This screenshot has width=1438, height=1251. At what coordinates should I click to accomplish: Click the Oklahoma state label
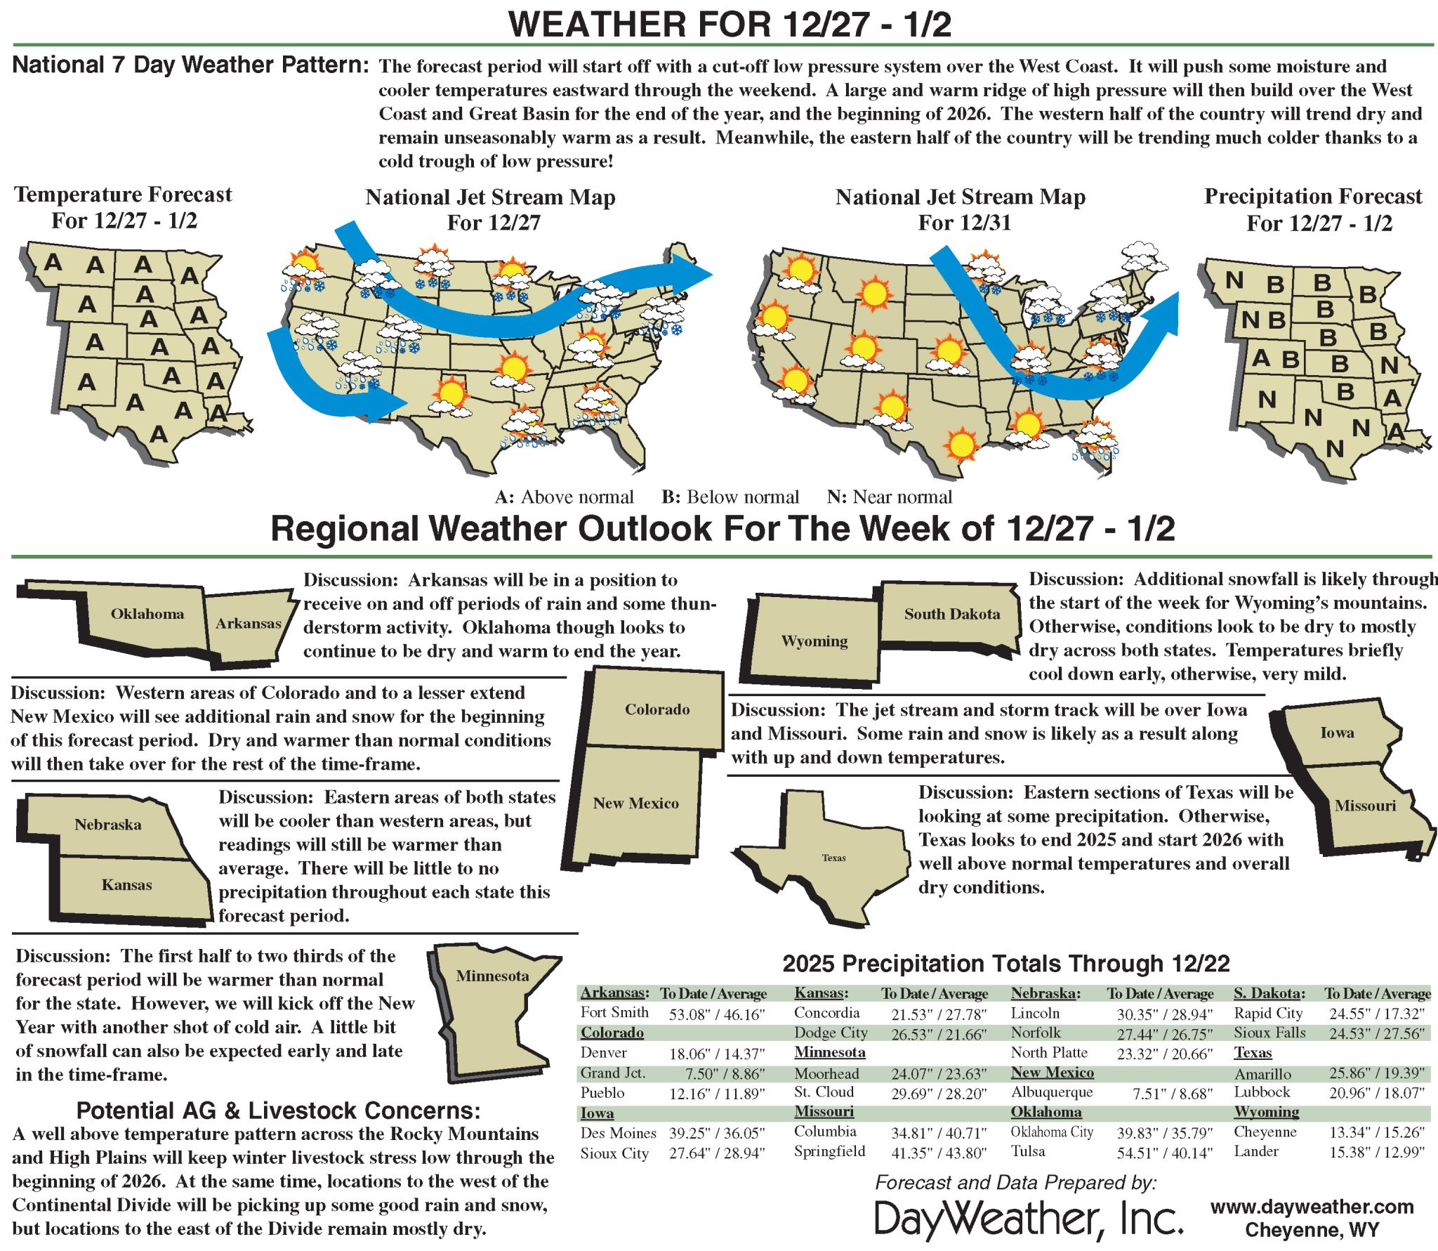(x=147, y=613)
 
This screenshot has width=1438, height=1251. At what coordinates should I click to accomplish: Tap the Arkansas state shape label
(x=249, y=623)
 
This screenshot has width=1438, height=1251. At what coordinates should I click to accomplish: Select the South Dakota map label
(x=951, y=614)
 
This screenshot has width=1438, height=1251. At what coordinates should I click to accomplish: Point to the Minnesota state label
(x=492, y=976)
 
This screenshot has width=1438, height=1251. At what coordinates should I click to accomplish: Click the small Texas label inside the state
(x=834, y=858)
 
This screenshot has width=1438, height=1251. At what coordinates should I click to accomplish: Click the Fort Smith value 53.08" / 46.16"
(x=716, y=1014)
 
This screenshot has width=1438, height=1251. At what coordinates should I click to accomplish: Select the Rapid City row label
(x=1268, y=1013)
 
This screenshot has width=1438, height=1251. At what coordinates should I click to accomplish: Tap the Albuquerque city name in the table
(x=1052, y=1092)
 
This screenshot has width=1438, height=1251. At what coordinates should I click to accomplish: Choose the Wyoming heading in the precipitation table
(x=1267, y=1112)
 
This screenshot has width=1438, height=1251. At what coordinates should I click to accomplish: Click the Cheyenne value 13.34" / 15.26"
(x=1377, y=1132)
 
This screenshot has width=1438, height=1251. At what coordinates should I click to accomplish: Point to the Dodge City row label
(x=831, y=1033)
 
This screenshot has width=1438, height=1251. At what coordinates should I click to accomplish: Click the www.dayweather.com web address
(x=1312, y=1207)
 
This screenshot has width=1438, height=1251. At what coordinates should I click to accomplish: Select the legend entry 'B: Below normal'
(x=730, y=497)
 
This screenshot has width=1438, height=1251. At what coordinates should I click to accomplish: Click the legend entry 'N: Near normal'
(x=889, y=497)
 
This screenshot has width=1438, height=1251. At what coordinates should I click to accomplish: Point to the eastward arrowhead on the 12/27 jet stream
(x=692, y=273)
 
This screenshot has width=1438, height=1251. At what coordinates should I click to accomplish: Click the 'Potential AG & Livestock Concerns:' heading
(x=278, y=1111)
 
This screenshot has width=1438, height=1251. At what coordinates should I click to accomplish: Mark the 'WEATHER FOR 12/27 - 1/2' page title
(x=730, y=25)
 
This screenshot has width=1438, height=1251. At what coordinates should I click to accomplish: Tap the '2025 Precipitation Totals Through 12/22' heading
(x=1005, y=963)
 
